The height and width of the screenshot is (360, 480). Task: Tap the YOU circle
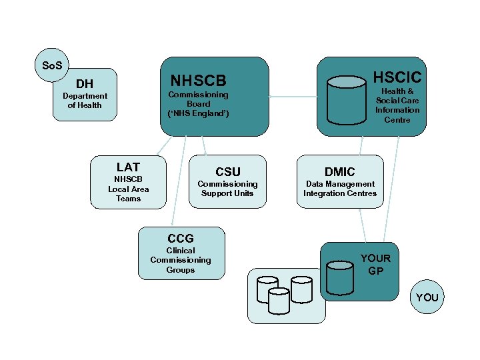coord(427,297)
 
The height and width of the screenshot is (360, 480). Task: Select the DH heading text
coord(85,84)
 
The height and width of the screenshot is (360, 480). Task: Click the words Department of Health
coord(85,101)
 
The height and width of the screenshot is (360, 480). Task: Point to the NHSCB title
coord(199,81)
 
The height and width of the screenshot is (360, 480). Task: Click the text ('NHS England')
coord(199,113)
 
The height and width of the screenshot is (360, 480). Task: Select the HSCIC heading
coord(397,77)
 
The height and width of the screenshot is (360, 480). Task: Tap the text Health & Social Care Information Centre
coord(397,105)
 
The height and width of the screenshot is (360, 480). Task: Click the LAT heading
coord(128,167)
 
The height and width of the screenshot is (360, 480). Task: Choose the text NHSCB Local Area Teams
coord(128,189)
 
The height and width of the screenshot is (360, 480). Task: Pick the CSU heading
coord(227,172)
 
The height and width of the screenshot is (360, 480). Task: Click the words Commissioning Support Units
coord(227,189)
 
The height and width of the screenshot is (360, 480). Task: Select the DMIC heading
coord(339,172)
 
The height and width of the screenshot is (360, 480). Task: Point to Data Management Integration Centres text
coord(339,189)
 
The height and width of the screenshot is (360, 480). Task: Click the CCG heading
coord(181,238)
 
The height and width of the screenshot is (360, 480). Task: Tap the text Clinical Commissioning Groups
coord(181,260)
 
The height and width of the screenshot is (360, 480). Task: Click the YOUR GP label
coord(375,265)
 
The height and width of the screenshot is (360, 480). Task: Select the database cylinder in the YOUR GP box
coord(340,277)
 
